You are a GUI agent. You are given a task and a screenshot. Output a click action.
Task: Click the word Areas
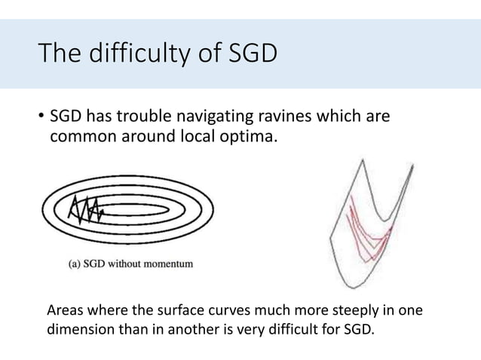pos(66,311)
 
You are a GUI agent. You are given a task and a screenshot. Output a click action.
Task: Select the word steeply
pos(344,311)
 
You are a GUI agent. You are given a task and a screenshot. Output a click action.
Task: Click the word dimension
pos(80,329)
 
